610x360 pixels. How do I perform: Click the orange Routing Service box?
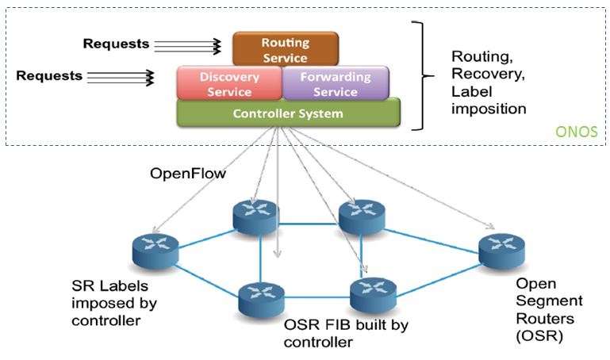(x=286, y=48)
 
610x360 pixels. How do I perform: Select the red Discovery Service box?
(x=230, y=83)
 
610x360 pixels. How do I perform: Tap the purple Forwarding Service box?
(x=336, y=83)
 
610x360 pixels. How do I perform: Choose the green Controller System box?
(x=288, y=113)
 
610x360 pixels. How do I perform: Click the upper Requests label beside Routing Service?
(x=116, y=44)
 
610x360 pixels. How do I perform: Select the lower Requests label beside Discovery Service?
(x=49, y=76)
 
